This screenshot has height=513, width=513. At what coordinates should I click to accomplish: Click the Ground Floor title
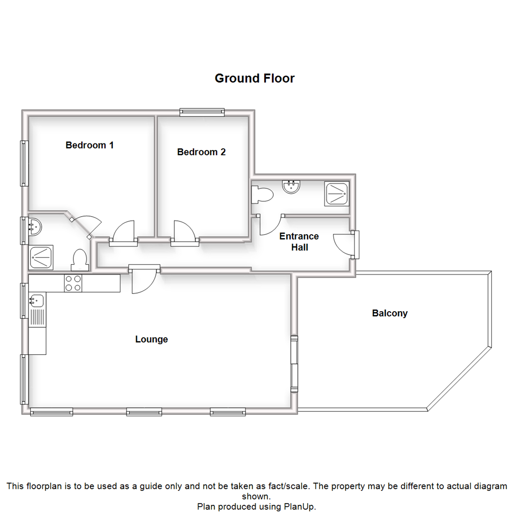click(255, 78)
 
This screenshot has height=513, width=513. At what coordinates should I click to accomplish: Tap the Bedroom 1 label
click(89, 145)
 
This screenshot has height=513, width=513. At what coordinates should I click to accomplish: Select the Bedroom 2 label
click(201, 152)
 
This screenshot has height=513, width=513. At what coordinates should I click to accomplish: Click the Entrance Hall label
click(299, 242)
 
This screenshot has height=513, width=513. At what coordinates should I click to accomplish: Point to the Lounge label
click(152, 340)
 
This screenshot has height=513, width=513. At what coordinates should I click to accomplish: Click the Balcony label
click(389, 313)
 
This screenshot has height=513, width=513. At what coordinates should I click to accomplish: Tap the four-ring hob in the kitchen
click(74, 284)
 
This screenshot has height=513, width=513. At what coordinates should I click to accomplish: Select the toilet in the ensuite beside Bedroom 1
click(79, 260)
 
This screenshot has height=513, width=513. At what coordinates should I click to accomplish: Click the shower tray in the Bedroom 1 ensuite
click(41, 257)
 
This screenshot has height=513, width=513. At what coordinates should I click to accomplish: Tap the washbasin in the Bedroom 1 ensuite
click(34, 227)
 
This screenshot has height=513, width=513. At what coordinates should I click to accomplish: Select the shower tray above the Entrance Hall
click(337, 194)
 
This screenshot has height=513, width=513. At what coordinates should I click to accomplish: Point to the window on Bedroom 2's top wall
click(202, 112)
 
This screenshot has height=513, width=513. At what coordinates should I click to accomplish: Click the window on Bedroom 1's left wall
click(23, 163)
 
